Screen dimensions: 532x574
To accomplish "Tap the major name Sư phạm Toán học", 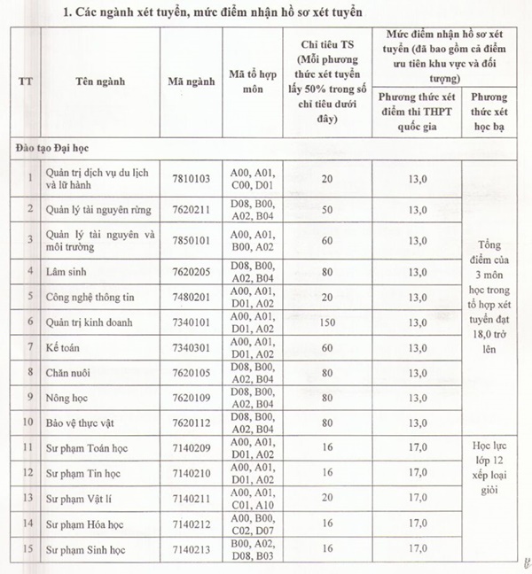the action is pyautogui.click(x=84, y=448).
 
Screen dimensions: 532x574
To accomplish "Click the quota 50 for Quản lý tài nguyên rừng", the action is pyautogui.click(x=327, y=210).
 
